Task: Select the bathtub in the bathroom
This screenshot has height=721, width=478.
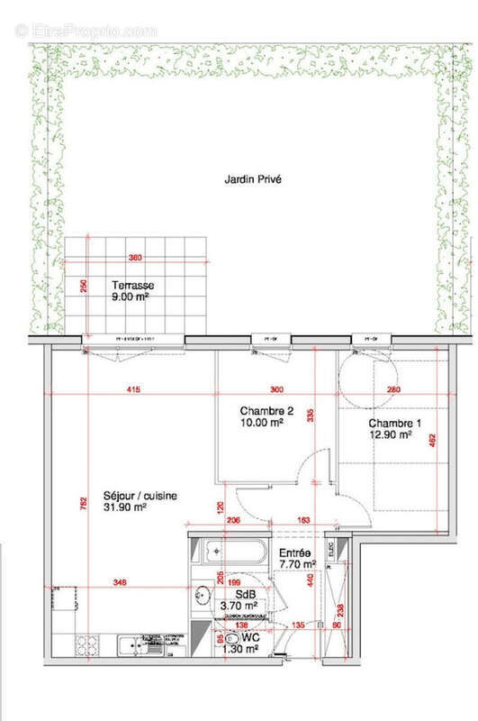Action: (228, 551)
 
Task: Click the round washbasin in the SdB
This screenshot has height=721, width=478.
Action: (203, 593)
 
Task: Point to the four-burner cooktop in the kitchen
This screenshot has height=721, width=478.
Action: (89, 645)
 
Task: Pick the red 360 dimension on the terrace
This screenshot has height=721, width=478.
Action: (136, 258)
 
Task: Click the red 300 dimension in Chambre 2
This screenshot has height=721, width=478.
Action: (275, 390)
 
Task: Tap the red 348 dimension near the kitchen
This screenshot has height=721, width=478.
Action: (120, 583)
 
